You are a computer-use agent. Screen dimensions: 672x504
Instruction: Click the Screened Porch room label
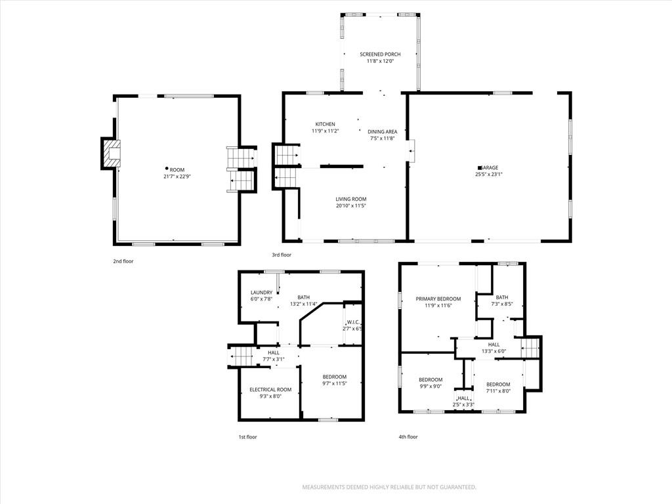pyautogui.click(x=380, y=54)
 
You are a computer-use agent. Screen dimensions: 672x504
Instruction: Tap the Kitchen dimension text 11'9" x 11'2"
pyautogui.click(x=325, y=131)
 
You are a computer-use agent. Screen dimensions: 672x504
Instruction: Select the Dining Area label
pyautogui.click(x=383, y=131)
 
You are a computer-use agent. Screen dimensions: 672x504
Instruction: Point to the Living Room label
pyautogui.click(x=351, y=199)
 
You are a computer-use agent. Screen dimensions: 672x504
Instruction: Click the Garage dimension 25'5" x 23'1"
pyautogui.click(x=488, y=175)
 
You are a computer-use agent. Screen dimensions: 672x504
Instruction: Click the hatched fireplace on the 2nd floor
pyautogui.click(x=111, y=154)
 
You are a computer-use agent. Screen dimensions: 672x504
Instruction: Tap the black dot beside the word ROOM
pyautogui.click(x=167, y=169)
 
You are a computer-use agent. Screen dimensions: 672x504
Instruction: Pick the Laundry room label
pyautogui.click(x=261, y=293)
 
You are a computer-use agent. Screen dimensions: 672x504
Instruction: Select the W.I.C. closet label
pyautogui.click(x=353, y=322)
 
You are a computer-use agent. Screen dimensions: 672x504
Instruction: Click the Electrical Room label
pyautogui.click(x=270, y=390)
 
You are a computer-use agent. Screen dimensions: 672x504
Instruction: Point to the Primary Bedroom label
pyautogui.click(x=438, y=299)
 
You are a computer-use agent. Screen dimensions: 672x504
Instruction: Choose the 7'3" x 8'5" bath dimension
pyautogui.click(x=502, y=304)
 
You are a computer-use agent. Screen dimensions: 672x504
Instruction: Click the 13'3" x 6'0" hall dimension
pyautogui.click(x=493, y=351)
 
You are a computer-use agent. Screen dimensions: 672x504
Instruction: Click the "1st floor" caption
pyautogui.click(x=247, y=437)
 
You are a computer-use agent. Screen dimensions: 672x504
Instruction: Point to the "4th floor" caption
pyautogui.click(x=408, y=436)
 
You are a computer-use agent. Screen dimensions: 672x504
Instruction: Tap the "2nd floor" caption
pyautogui.click(x=123, y=261)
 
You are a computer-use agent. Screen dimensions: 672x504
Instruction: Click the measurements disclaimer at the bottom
pyautogui.click(x=389, y=488)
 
